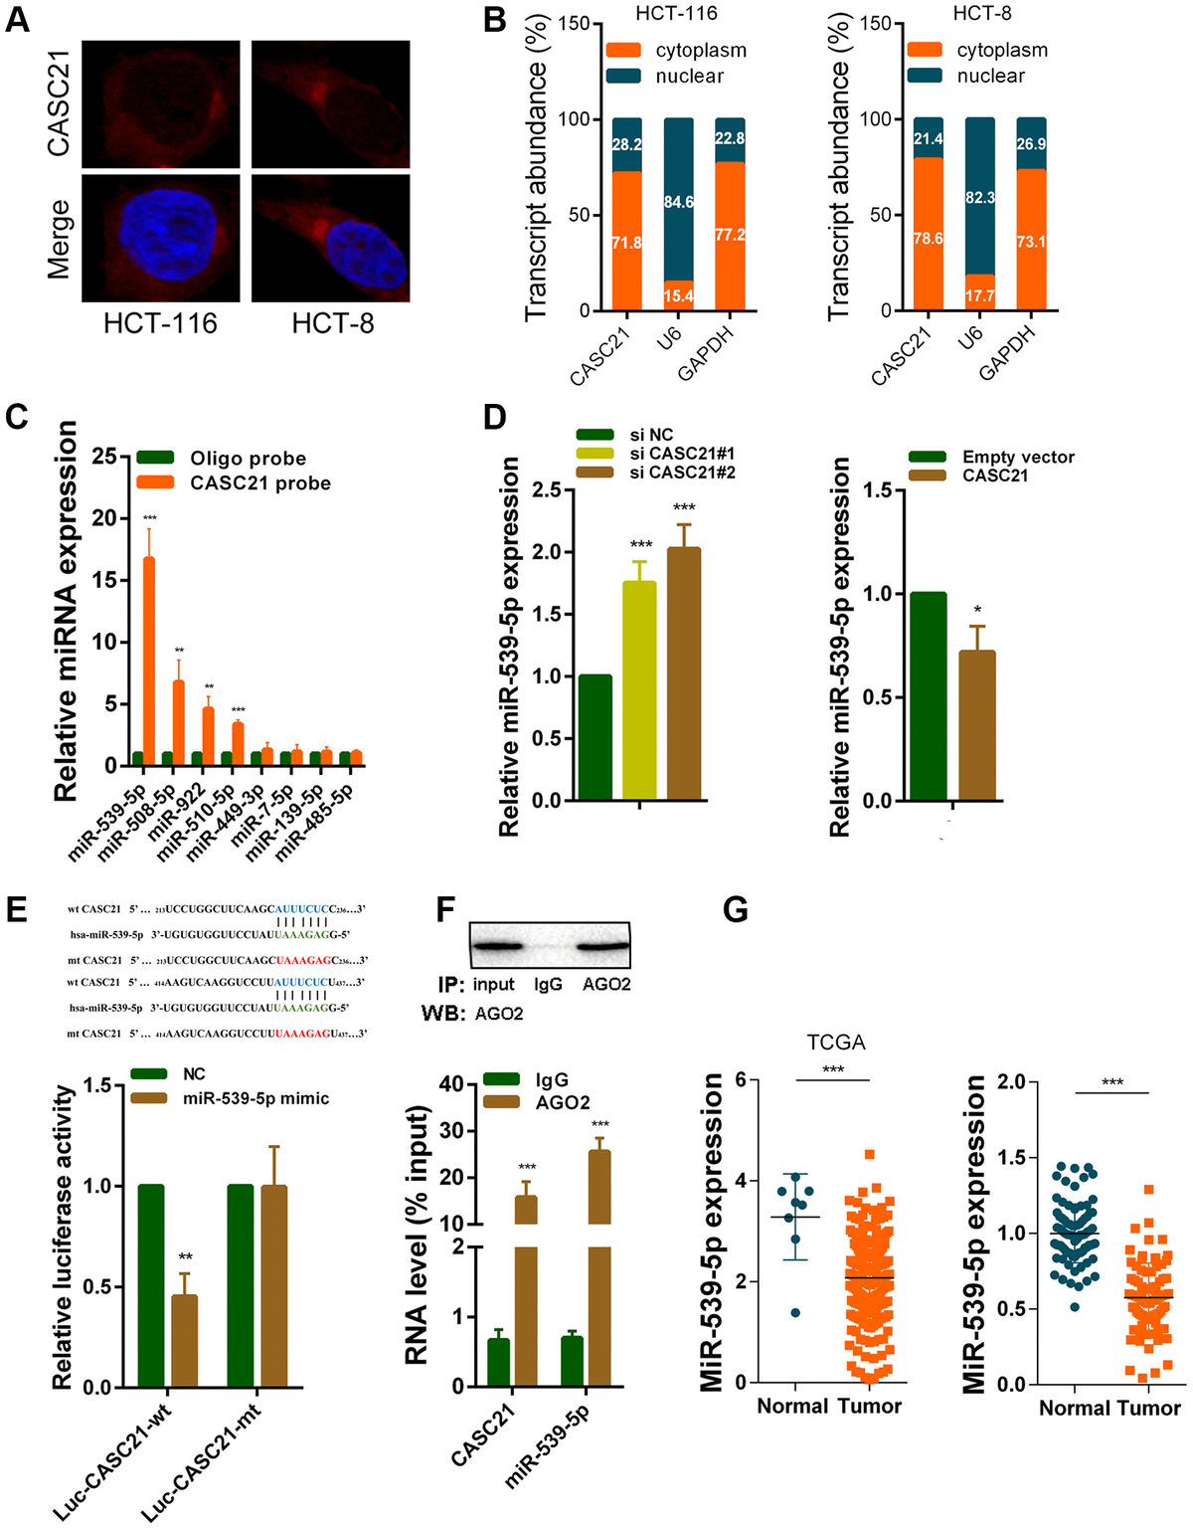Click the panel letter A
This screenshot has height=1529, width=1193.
tap(17, 20)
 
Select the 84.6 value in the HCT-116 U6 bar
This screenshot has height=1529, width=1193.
tap(679, 202)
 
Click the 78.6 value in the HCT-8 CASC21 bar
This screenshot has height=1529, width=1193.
tap(928, 239)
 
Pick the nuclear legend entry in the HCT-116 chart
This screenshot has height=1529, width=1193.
tap(689, 76)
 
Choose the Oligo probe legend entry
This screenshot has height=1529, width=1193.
tap(248, 458)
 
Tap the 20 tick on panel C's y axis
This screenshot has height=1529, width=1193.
tap(105, 518)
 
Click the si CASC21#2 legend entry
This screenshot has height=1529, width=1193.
tap(682, 472)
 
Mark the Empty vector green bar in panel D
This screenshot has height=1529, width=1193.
tap(928, 696)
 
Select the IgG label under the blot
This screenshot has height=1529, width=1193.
tap(548, 984)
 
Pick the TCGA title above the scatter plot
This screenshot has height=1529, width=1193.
tap(835, 1043)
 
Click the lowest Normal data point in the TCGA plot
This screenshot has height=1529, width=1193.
tap(794, 1312)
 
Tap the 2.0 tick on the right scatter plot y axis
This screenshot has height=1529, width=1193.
tap(1010, 1081)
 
